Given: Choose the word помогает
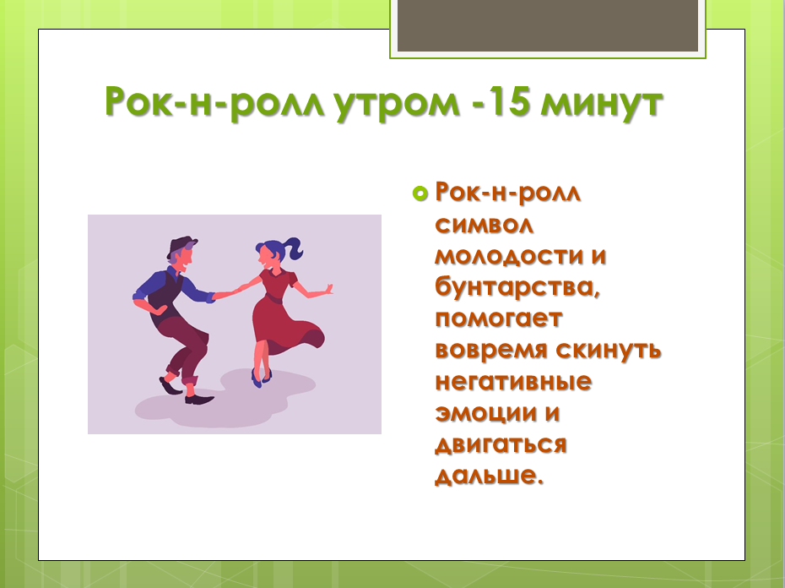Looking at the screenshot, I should (x=498, y=318).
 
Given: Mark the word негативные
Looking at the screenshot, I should (x=513, y=381).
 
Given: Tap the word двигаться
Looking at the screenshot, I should (x=500, y=444).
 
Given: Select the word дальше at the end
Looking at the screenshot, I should (x=485, y=475).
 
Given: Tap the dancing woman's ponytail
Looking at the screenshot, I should (x=291, y=248).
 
